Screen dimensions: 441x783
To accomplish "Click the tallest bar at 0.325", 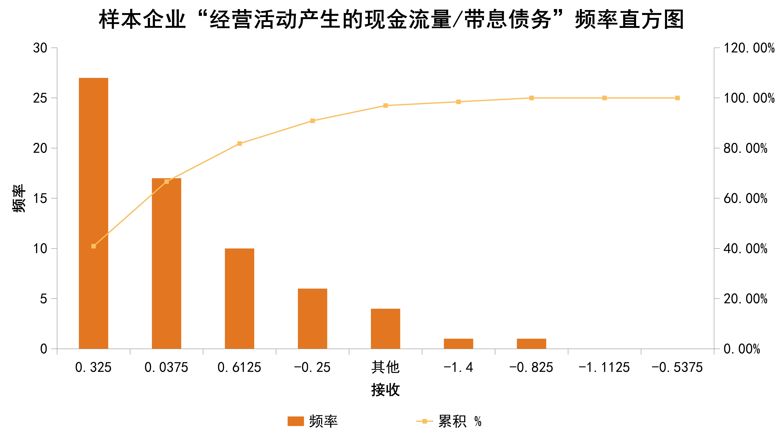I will pos(93,213).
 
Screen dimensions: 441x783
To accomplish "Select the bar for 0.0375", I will pos(166,263).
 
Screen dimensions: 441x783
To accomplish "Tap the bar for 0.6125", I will pos(239,298).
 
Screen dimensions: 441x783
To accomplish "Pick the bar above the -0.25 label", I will pos(312,318).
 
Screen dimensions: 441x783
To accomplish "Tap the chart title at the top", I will pos(391,19).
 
